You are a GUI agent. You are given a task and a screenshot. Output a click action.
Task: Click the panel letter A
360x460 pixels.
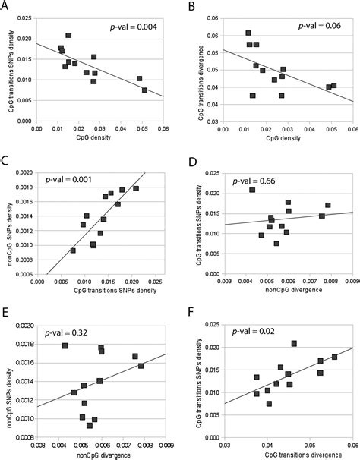(7, 6)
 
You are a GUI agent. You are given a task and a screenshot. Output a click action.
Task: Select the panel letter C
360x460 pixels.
(7, 161)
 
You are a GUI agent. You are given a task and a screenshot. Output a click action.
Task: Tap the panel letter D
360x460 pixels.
(190, 161)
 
